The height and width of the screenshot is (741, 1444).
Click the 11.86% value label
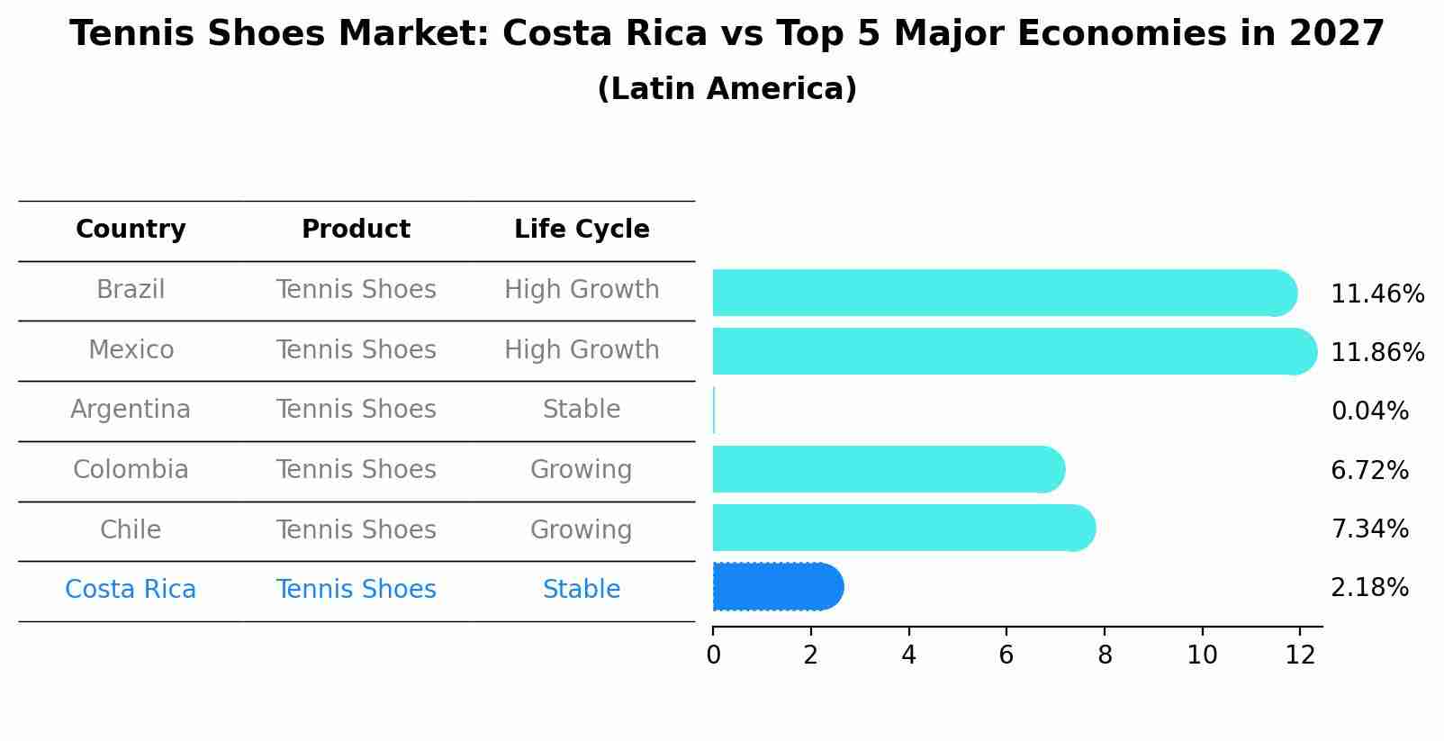1376,352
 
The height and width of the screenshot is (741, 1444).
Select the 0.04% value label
1369,411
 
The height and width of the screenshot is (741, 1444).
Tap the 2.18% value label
1369,588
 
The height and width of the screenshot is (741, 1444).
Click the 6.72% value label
1369,470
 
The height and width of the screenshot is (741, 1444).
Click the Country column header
131,230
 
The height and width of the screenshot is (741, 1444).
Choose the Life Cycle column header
582,230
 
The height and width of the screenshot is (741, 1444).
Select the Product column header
356,230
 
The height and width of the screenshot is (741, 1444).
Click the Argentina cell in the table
131,410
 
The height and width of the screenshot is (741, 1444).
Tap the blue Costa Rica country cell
131,590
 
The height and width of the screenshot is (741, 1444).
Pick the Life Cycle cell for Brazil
582,290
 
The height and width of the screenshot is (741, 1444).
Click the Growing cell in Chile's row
582,529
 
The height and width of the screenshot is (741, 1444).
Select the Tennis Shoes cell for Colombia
356,470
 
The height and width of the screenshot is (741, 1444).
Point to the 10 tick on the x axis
1202,655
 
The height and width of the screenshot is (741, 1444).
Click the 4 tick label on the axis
908,655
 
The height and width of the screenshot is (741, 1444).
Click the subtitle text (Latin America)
727,89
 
